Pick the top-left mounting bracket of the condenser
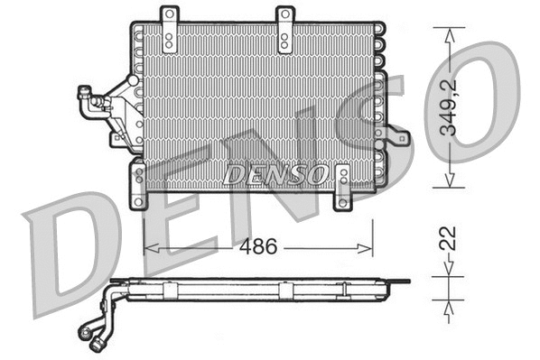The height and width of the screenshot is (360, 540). [168, 29]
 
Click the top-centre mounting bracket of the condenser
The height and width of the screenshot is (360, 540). [284, 29]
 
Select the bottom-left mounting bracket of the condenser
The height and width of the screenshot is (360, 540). [138, 185]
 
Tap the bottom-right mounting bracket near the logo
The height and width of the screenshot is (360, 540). [344, 187]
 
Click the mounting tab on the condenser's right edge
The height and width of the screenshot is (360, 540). [397, 138]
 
